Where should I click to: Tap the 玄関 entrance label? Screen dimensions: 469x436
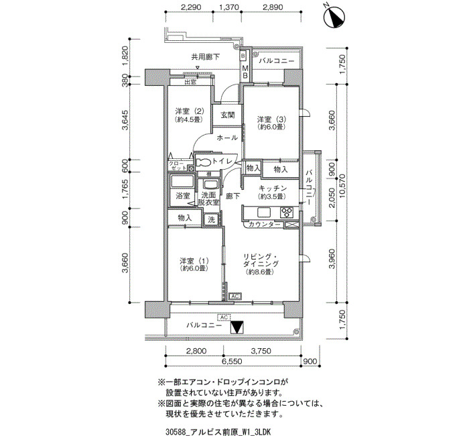227,115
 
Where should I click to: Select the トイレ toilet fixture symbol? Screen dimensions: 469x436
204,162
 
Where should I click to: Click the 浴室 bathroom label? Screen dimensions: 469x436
182,196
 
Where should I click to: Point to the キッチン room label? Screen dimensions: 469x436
273,188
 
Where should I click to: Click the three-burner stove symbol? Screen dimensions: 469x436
287,213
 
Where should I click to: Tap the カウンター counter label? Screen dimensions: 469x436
265,224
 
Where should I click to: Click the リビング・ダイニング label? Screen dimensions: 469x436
261,260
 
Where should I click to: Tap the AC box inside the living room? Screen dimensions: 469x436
235,296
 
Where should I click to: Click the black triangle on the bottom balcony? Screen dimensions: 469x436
238,327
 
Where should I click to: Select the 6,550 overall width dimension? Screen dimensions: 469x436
232,362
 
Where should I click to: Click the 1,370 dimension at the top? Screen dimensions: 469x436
229,7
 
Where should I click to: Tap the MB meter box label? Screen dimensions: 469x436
245,72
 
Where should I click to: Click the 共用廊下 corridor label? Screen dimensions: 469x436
206,56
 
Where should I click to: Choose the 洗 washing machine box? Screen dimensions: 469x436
212,220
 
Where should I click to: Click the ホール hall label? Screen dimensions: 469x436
227,138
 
